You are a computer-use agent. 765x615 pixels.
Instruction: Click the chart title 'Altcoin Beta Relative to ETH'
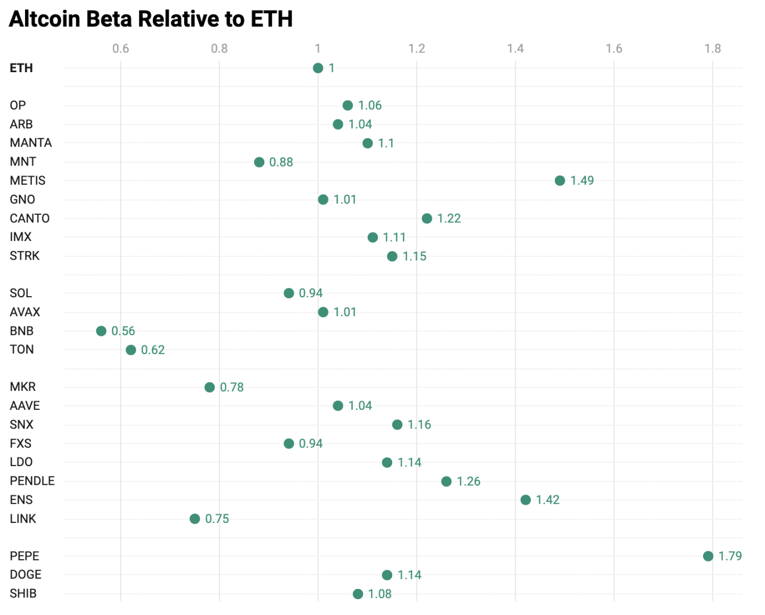151,19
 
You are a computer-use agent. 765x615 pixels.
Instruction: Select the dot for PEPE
708,556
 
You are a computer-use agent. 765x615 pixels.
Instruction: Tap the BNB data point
101,331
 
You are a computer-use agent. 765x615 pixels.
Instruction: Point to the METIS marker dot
560,181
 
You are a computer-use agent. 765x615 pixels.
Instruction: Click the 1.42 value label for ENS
547,500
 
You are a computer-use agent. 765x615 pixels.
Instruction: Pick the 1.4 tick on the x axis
515,48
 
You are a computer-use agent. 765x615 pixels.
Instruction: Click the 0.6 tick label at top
120,48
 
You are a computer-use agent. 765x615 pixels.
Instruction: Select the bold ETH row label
22,68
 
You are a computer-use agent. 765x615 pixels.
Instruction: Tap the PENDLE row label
32,481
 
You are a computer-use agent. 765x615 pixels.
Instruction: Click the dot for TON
131,350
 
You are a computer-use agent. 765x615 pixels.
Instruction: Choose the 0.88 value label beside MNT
281,162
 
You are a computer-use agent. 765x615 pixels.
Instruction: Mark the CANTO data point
427,218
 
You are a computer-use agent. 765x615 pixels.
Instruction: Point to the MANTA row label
31,143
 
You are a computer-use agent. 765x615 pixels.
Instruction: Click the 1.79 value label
730,556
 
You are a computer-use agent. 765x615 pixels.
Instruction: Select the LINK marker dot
195,519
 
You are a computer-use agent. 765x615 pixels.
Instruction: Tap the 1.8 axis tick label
712,48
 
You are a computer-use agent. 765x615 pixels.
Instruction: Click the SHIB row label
23,593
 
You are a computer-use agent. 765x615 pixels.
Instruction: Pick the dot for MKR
210,387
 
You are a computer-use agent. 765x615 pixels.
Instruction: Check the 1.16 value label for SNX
419,425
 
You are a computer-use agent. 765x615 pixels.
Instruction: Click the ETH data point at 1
318,68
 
